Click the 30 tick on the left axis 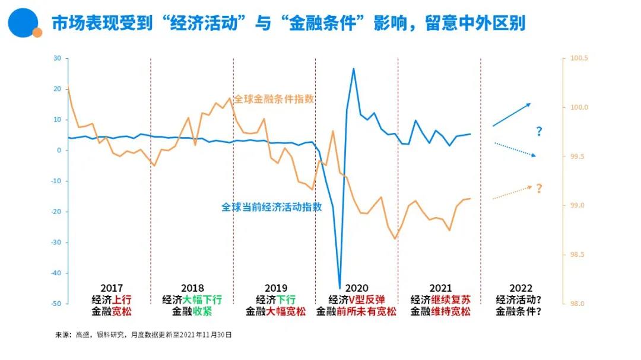[57, 58]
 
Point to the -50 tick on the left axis [56, 304]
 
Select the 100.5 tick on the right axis [579, 58]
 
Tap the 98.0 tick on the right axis [577, 304]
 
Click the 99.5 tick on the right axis [577, 157]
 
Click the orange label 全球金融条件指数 [274, 99]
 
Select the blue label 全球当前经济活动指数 [272, 208]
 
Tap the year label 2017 [111, 289]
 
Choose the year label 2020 [357, 289]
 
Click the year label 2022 [521, 289]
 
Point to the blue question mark [539, 132]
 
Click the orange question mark [539, 189]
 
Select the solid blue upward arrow [512, 114]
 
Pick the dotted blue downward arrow [515, 149]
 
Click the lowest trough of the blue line [340, 288]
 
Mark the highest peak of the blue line [354, 68]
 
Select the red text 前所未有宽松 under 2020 [367, 311]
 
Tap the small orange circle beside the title [37, 33]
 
